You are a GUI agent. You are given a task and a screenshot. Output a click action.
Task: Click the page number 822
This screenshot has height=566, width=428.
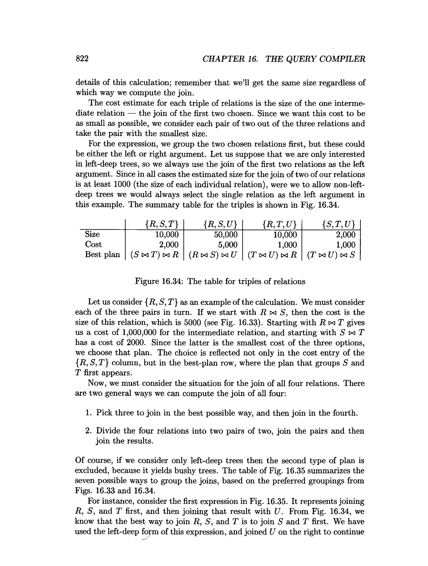coord(82,59)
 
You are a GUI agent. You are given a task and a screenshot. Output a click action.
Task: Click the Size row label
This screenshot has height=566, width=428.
coord(92,234)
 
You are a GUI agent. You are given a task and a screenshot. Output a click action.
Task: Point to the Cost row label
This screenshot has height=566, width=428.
coord(93,245)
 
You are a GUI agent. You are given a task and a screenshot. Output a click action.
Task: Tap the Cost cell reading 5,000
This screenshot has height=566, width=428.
coord(228,245)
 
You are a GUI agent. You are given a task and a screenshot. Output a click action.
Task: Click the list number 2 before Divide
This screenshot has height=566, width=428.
coord(88,431)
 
